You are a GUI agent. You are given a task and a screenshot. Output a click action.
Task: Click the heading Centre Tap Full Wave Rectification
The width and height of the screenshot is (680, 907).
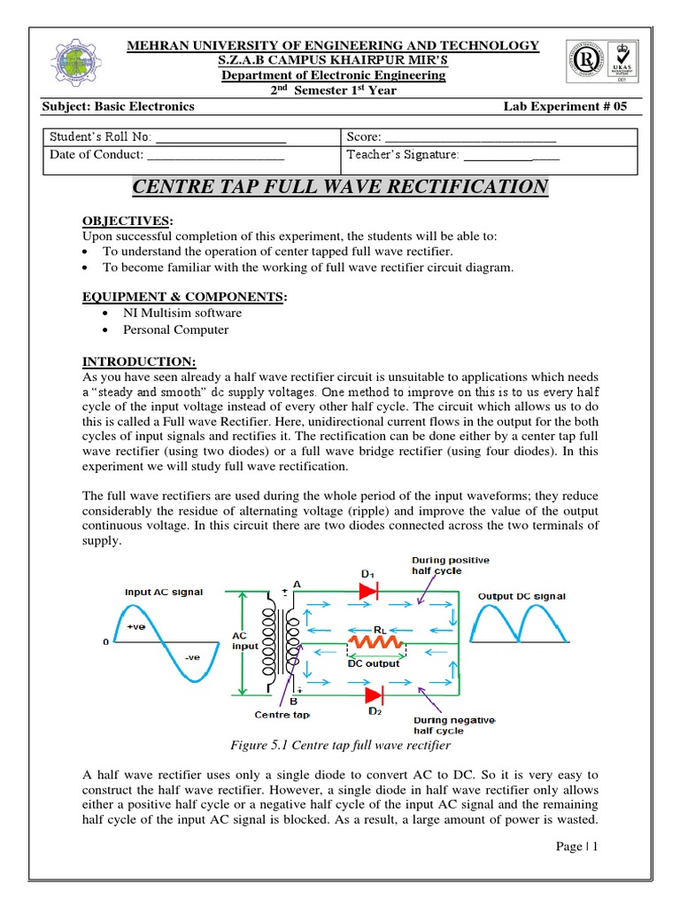[340, 187]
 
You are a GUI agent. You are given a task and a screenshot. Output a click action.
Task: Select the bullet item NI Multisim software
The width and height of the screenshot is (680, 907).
[182, 313]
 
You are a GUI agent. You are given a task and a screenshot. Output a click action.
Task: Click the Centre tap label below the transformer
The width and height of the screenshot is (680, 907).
[282, 714]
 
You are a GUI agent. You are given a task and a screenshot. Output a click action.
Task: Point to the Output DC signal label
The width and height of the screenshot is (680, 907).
[522, 596]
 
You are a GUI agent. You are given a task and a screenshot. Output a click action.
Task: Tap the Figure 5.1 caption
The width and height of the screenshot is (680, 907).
[341, 746]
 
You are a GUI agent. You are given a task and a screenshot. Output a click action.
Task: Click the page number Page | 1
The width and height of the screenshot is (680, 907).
[577, 846]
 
